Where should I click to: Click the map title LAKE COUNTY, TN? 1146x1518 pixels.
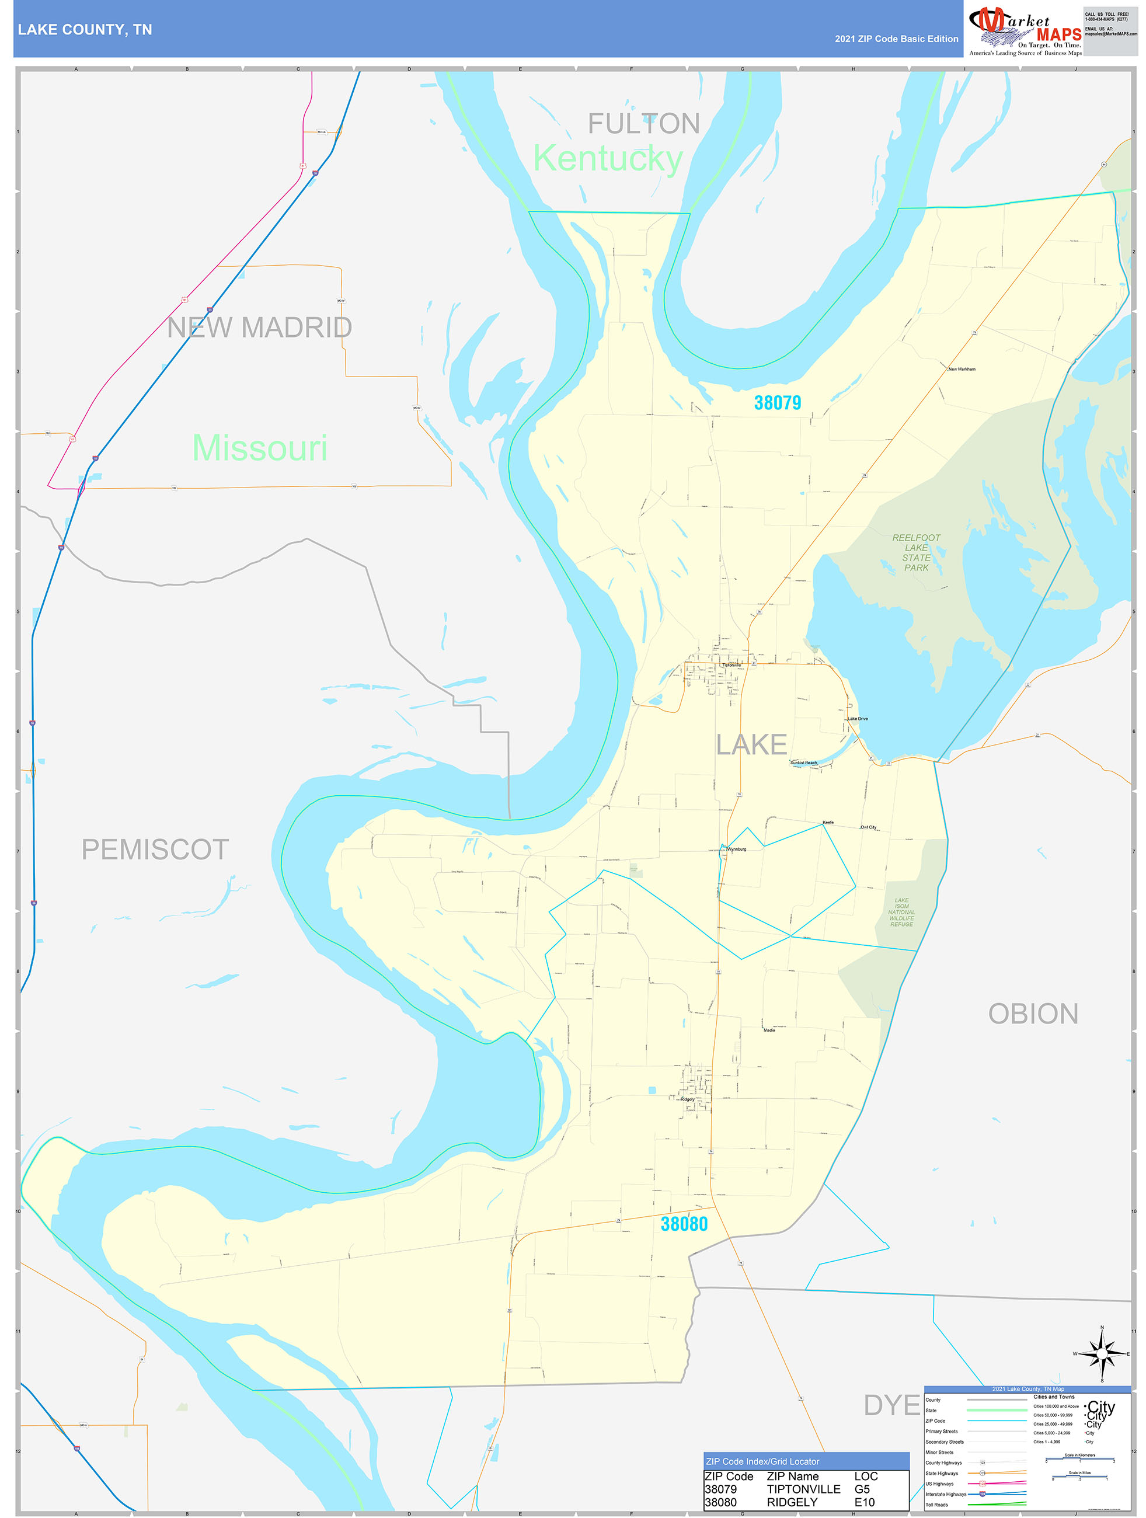85,30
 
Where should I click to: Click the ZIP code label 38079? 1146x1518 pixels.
777,403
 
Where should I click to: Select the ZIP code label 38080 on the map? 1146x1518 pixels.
684,1224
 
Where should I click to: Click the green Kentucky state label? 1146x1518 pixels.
607,159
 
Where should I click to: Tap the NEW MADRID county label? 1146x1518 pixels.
259,328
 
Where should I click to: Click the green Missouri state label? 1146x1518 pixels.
259,448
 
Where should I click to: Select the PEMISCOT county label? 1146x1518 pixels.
155,849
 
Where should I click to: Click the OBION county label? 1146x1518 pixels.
1032,1014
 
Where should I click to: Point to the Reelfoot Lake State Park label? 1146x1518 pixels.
915,552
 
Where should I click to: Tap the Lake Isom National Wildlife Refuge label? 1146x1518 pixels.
901,912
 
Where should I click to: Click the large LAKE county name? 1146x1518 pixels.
751,744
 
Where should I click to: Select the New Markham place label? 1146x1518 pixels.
962,369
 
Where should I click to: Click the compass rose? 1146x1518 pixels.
1102,1354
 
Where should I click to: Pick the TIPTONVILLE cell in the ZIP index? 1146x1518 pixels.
803,1489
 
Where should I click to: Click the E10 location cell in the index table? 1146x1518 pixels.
864,1502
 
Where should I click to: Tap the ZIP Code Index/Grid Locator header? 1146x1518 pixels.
762,1462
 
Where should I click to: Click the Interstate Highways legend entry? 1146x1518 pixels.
945,1494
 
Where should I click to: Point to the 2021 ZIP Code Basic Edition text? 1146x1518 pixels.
896,39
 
